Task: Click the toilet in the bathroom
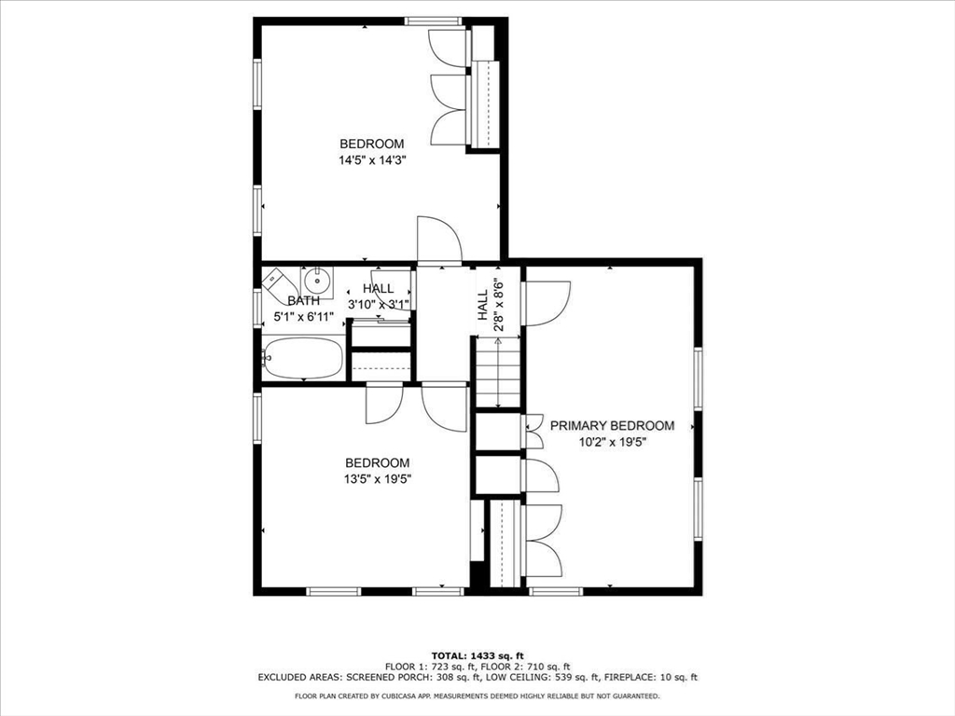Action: coord(279,283)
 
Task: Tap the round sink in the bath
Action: coord(317,282)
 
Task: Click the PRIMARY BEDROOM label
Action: coord(612,425)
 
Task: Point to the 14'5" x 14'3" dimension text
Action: coord(372,160)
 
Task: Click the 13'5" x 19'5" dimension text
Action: coord(378,478)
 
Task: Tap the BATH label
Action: coord(303,301)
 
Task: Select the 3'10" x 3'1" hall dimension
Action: coord(379,304)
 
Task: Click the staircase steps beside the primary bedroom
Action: coord(498,372)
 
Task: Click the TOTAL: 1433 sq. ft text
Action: coord(477,655)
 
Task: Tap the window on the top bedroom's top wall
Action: coord(434,21)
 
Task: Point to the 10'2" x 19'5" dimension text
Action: coord(612,442)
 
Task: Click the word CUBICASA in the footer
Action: coord(390,695)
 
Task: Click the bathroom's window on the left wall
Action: coord(257,309)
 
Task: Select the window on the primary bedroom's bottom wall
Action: coord(556,591)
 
